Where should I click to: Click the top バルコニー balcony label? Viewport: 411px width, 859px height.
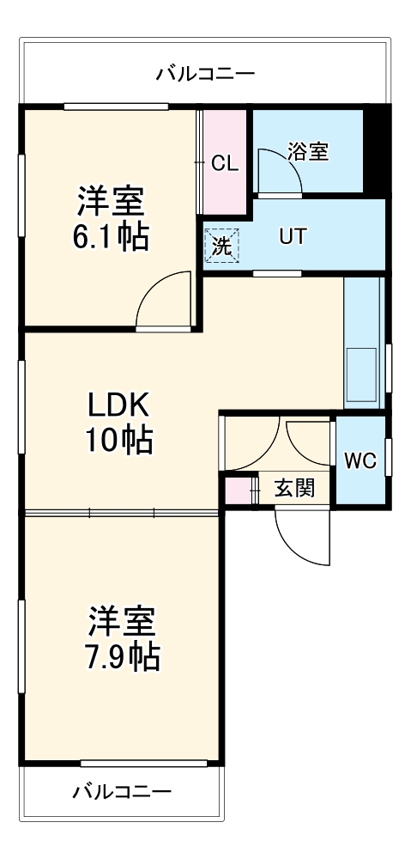[x=205, y=74]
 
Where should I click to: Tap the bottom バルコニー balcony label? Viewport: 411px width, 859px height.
[x=122, y=790]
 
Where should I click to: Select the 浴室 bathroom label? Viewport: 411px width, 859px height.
[x=307, y=152]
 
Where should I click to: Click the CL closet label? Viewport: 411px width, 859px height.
[x=225, y=163]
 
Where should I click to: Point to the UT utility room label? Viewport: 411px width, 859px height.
[x=292, y=237]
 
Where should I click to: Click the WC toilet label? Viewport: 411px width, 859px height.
[x=360, y=460]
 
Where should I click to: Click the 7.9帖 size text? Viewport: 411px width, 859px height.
[x=124, y=656]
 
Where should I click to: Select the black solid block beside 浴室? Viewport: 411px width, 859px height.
[x=376, y=151]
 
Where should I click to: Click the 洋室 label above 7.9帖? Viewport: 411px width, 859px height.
[x=123, y=620]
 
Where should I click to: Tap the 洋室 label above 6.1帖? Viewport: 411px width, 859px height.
[x=110, y=202]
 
